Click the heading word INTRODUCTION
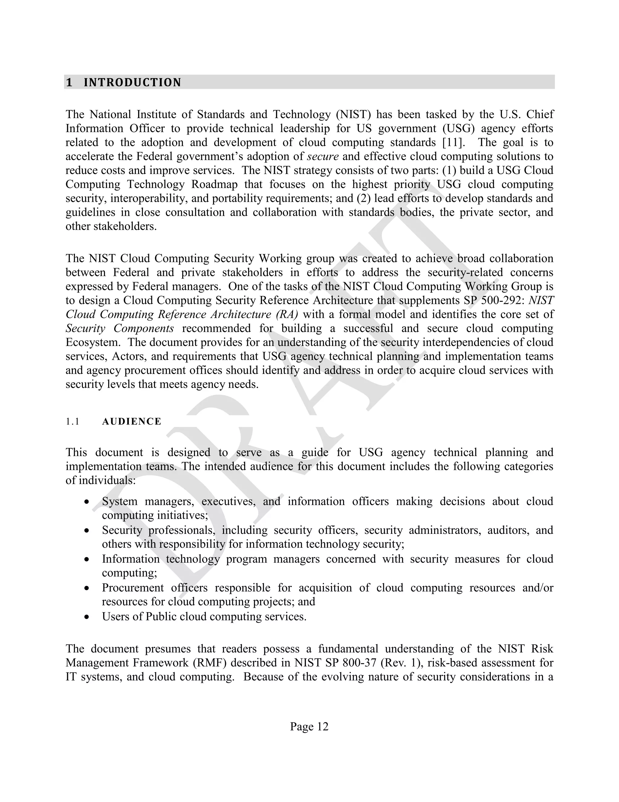pyautogui.click(x=132, y=82)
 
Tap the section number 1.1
pyautogui.click(x=73, y=422)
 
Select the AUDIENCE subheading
pyautogui.click(x=132, y=422)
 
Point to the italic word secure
pyautogui.click(x=323, y=156)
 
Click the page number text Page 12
pyautogui.click(x=309, y=726)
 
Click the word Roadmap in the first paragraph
pyautogui.click(x=214, y=184)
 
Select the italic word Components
pyautogui.click(x=143, y=328)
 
